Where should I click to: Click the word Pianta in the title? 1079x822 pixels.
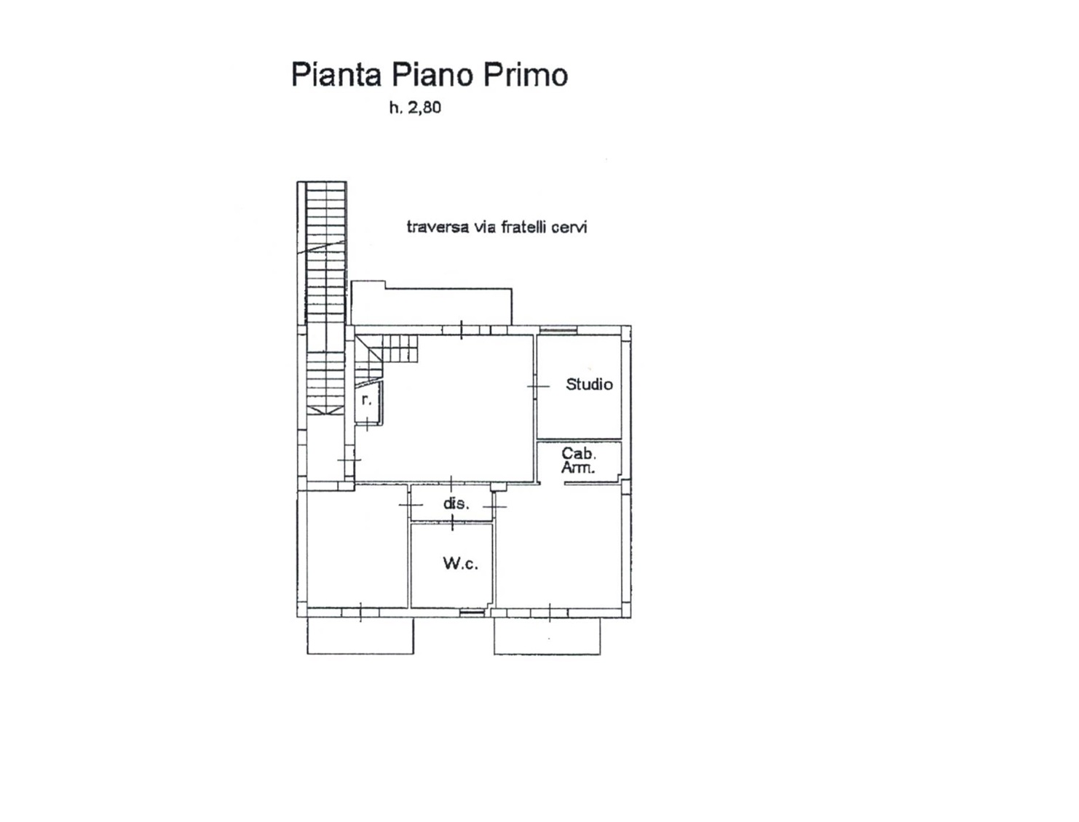(336, 75)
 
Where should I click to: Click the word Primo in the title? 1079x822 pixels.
(526, 75)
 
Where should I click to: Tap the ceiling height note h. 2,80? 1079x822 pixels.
(415, 108)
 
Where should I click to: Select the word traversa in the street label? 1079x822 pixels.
(438, 227)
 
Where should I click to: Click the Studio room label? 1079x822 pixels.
(590, 384)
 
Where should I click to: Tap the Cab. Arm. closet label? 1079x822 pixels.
(579, 460)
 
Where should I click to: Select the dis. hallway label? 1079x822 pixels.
(456, 503)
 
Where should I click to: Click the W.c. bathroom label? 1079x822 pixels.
(460, 563)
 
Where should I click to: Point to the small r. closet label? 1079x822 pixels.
(366, 400)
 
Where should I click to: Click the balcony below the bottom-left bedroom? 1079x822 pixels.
(360, 635)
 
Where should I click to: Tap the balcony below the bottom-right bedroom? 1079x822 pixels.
(547, 635)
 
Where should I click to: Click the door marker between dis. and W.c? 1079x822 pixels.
(452, 522)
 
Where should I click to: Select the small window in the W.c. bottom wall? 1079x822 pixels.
(471, 612)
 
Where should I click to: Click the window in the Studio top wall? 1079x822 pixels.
(558, 330)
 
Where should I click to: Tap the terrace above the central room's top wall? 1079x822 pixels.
(432, 303)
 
